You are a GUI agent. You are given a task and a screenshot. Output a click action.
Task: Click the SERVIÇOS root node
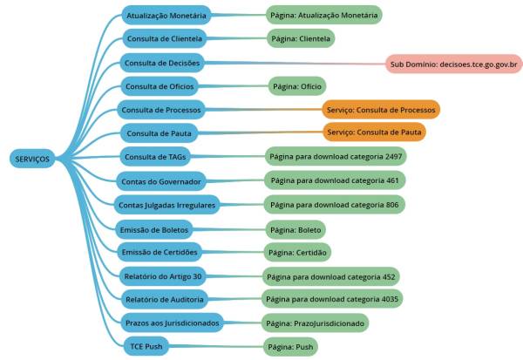[x=32, y=159]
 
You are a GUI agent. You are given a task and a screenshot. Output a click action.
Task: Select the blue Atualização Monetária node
[x=166, y=16]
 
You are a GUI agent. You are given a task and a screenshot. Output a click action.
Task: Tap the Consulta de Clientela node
[x=164, y=39]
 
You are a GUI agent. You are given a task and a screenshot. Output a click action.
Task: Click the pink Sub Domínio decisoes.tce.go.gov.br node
[x=455, y=64]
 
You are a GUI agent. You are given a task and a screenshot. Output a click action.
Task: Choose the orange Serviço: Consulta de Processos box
[x=380, y=110]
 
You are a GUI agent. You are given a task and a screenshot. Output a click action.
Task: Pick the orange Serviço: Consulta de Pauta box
[x=375, y=132]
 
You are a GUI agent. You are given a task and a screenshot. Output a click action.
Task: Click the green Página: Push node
[x=291, y=346]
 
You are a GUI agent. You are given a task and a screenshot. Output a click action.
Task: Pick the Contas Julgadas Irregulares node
[x=166, y=204]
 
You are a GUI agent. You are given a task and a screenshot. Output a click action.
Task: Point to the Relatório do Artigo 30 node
[x=163, y=276]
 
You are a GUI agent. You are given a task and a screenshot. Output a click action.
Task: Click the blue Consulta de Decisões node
[x=163, y=63]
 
